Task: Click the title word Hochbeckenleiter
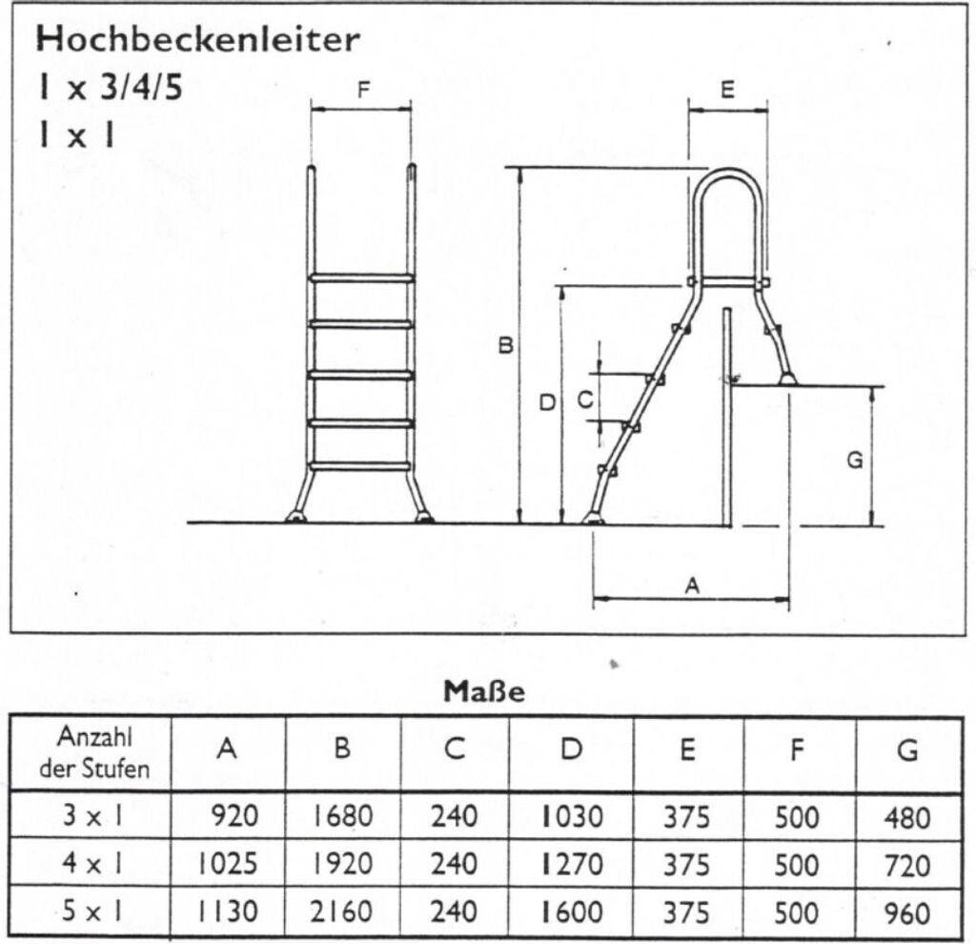coord(198,38)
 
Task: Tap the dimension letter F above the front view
coord(363,91)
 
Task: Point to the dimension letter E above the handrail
coord(727,90)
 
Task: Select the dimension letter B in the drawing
coord(506,345)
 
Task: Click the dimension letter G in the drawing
coord(855,461)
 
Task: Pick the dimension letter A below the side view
coord(692,585)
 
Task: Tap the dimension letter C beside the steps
coord(585,400)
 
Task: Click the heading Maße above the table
coord(484,691)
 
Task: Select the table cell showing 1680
coord(342,815)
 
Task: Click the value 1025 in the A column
coord(227,864)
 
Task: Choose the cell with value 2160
coord(342,912)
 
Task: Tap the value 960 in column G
coord(907,913)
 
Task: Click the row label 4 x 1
coord(92,863)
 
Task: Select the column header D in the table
coord(571,749)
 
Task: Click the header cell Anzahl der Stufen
coord(94,752)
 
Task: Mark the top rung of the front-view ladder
coord(361,278)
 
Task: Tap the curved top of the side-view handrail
coord(728,173)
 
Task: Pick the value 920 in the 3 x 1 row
coord(234,815)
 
